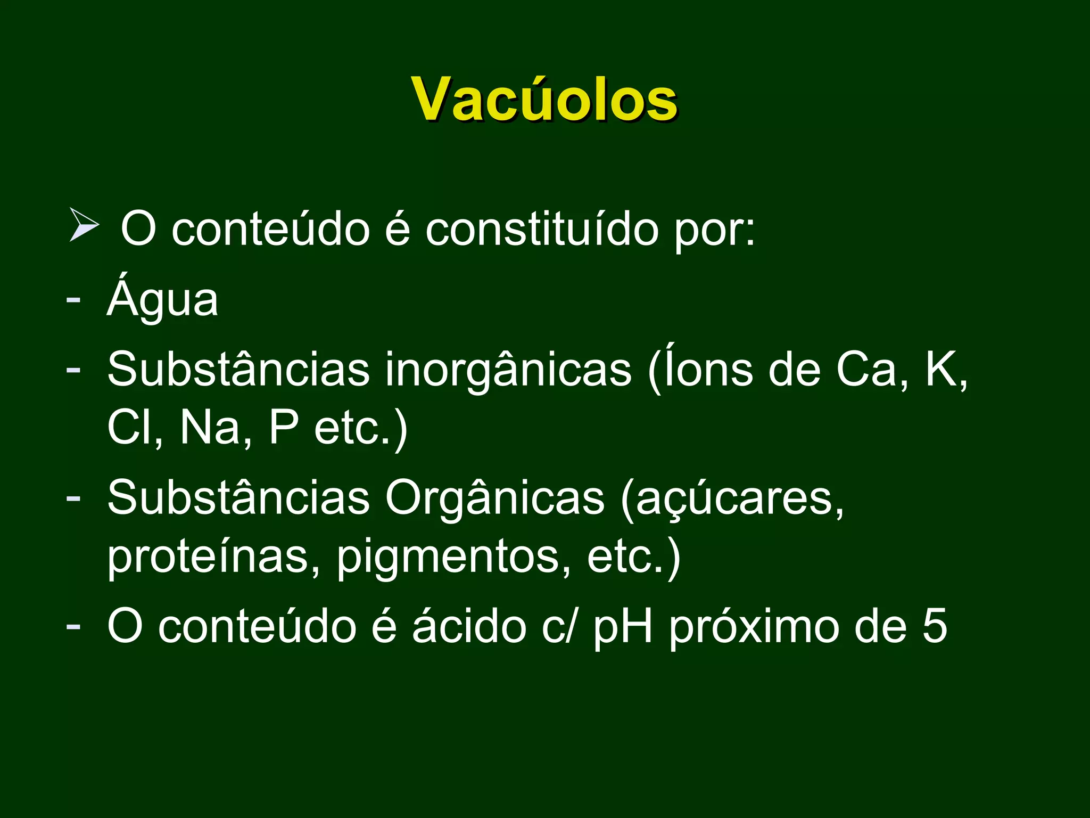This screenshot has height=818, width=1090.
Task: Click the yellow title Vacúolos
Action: pos(544,100)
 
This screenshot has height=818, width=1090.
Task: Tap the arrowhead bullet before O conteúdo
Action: pos(84,226)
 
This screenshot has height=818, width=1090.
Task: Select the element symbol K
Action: pos(943,370)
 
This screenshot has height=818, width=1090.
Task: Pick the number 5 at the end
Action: pos(935,626)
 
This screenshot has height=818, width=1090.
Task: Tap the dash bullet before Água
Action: pos(73,299)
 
